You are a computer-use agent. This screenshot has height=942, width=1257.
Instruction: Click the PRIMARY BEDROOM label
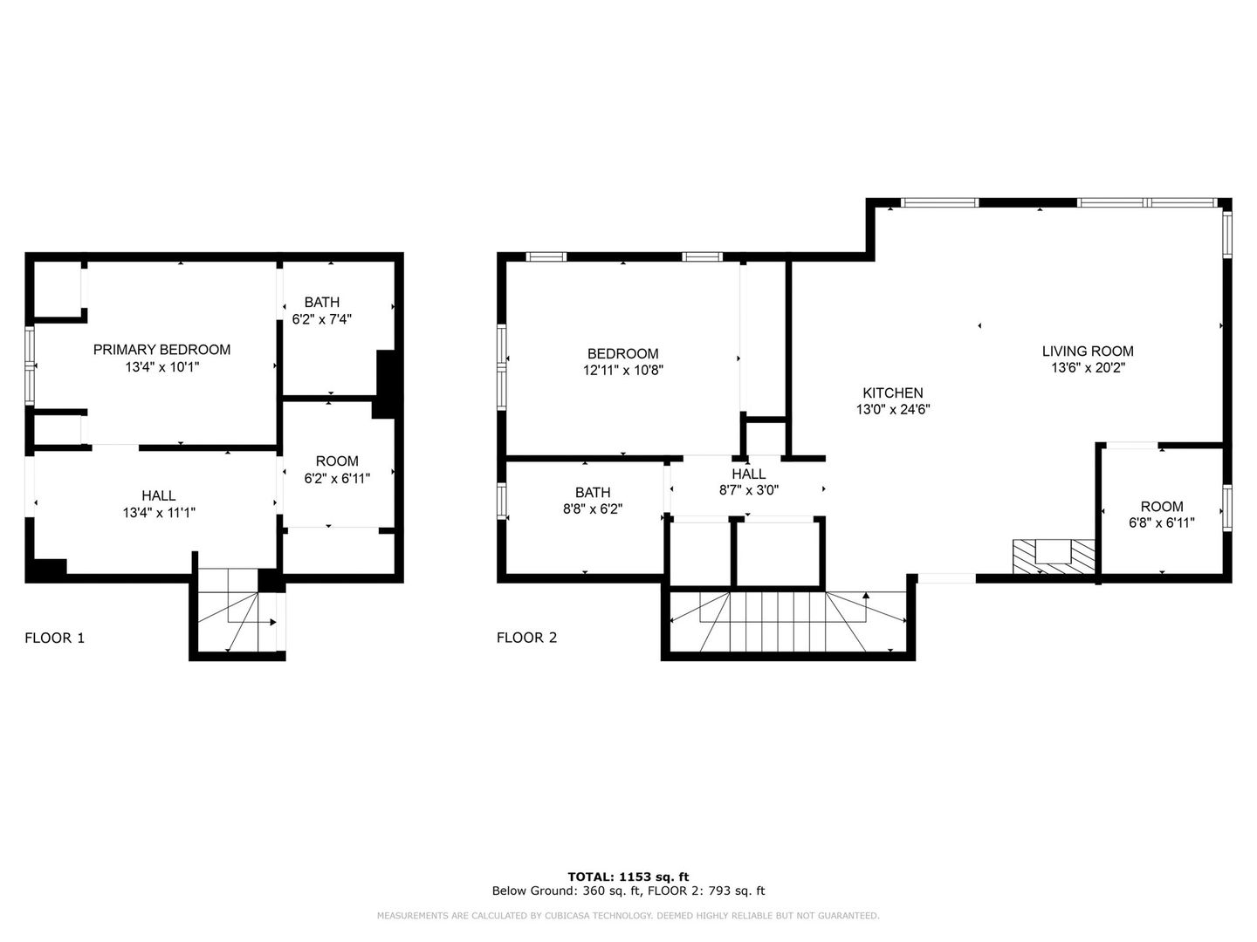tap(161, 350)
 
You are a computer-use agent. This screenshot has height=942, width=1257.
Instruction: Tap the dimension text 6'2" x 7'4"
tap(321, 320)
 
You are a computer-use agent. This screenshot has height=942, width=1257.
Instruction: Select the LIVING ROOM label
tap(1087, 352)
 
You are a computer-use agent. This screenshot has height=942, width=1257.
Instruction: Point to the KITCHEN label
tap(892, 393)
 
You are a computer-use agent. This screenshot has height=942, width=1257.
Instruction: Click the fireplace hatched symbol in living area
tap(1053, 556)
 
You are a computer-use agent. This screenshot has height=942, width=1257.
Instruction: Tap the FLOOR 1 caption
tap(54, 638)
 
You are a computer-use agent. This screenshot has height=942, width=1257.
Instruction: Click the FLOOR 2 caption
tap(526, 638)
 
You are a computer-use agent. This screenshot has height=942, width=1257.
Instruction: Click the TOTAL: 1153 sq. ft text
tap(628, 877)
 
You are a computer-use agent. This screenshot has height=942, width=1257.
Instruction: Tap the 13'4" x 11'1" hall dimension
tap(159, 513)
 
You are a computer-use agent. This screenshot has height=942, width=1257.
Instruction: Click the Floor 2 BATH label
tap(593, 493)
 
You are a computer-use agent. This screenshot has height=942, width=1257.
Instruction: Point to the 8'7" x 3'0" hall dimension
tap(748, 490)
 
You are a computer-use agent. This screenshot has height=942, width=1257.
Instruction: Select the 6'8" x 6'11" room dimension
tap(1161, 522)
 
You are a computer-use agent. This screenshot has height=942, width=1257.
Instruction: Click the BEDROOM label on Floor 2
tap(622, 354)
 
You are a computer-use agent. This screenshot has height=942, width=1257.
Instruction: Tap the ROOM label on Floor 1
tap(336, 461)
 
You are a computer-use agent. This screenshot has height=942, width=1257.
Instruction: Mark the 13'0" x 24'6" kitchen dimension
tap(892, 409)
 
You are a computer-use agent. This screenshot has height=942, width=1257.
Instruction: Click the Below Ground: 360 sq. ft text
tap(567, 891)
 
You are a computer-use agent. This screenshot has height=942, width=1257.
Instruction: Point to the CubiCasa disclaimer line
tap(628, 916)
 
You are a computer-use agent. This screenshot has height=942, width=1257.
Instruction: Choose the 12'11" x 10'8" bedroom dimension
tap(622, 370)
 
